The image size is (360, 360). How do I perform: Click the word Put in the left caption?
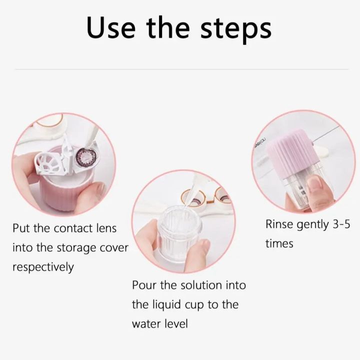21,228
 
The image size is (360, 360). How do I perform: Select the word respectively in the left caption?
42,267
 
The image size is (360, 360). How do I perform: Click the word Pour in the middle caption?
144,285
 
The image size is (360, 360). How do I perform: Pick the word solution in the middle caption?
189,285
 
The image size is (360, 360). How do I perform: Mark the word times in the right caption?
279,243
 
